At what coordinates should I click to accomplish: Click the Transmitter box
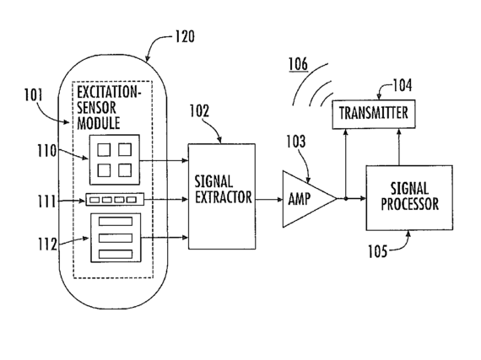[x=374, y=114]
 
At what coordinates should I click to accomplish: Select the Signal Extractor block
[x=222, y=196]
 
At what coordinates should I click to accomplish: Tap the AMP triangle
[x=309, y=199]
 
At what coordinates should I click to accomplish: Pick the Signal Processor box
[x=409, y=197]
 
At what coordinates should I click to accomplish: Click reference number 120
[x=185, y=36]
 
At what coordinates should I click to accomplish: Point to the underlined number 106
[x=298, y=64]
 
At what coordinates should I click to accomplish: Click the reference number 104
[x=403, y=85]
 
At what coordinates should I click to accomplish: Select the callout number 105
[x=378, y=251]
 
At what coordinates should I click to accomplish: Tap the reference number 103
[x=296, y=142]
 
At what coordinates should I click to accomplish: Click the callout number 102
[x=199, y=111]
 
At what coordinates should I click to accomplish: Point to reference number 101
[x=34, y=95]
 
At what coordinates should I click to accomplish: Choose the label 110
[x=47, y=151]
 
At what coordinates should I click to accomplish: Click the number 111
[x=46, y=201]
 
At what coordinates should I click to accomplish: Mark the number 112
[x=47, y=244]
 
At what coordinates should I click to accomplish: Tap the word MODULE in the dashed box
[x=99, y=123]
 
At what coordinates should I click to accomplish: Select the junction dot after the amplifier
[x=346, y=198]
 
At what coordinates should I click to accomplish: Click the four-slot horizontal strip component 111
[x=115, y=200]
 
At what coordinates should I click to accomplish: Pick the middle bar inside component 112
[x=116, y=238]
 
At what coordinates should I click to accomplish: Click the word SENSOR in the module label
[x=96, y=107]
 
